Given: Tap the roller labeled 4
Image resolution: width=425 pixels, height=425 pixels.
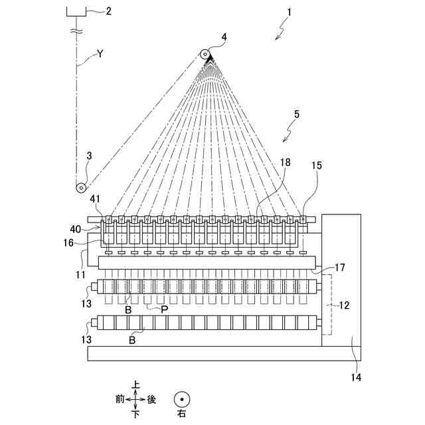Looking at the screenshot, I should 205,54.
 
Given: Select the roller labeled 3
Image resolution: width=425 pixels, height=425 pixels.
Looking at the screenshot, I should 80,187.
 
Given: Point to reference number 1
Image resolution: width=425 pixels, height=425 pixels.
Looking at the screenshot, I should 290,12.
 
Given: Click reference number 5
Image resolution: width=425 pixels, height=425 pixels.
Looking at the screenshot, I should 296,114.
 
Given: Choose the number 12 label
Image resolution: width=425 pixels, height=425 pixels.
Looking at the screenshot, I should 346,306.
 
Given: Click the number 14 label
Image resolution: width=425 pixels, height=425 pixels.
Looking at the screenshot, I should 356,377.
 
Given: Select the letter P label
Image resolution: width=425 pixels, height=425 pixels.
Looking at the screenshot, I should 164,309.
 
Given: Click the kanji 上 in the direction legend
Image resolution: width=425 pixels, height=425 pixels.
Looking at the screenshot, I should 136,384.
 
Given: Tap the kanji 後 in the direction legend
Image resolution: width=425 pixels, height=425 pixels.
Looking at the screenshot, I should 151,399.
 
